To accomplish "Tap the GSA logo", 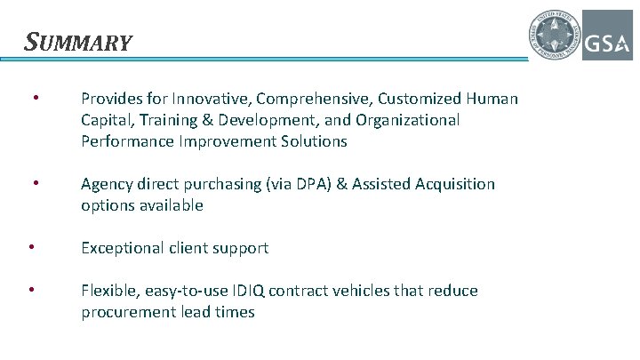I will coord(607,36).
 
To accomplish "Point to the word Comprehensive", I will coord(305,99).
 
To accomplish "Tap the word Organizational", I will coord(404,120).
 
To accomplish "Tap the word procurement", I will coord(125,312).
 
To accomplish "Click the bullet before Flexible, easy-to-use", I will coord(31,289).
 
